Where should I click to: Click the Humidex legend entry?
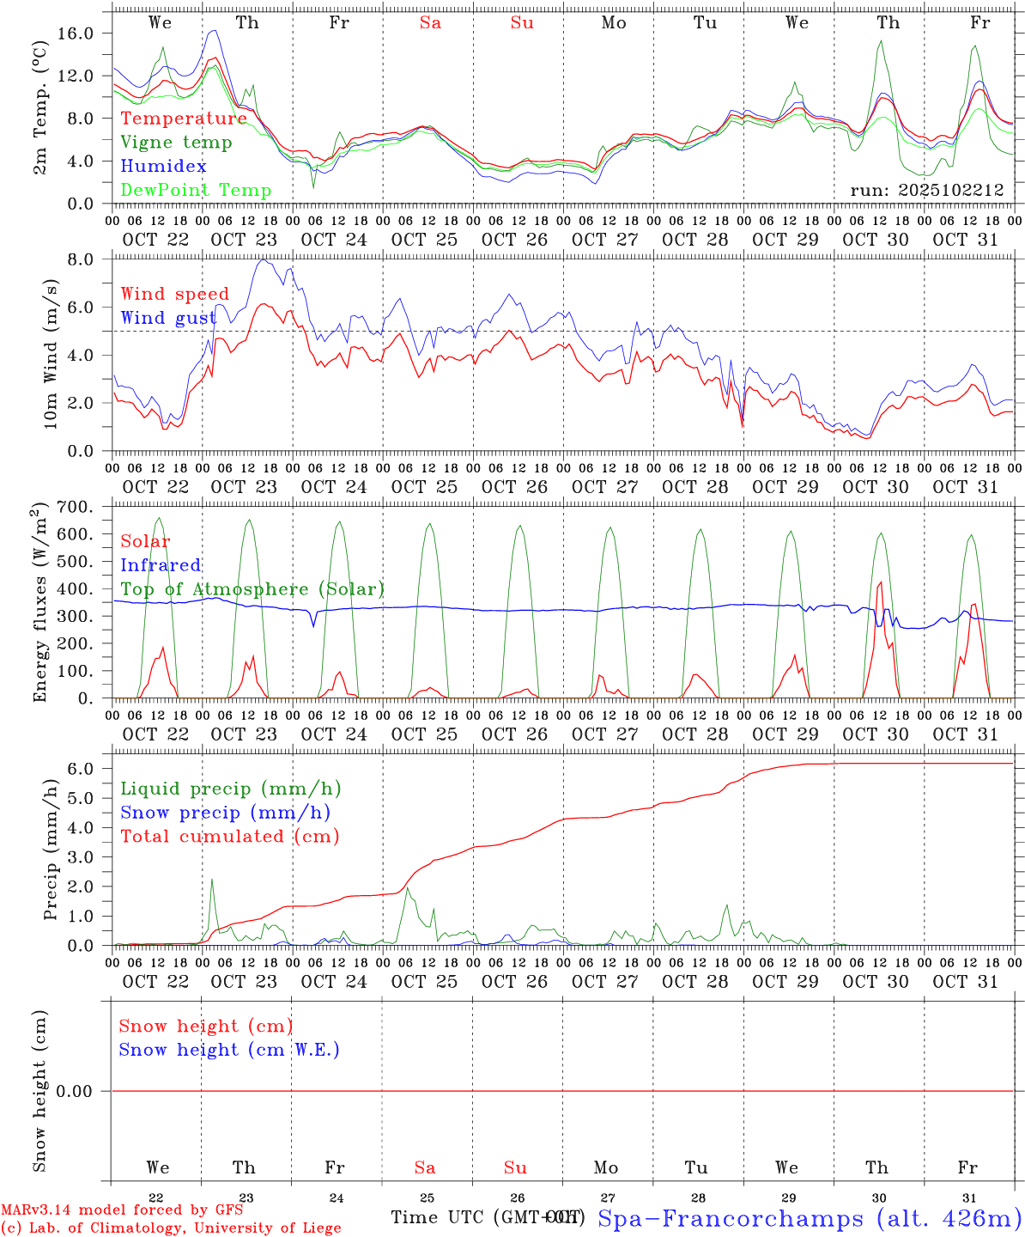click(163, 167)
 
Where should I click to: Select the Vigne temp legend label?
click(176, 143)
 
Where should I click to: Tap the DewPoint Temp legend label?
click(196, 191)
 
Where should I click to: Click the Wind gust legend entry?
click(168, 318)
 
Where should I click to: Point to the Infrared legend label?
click(161, 565)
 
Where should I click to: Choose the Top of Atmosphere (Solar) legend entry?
click(252, 589)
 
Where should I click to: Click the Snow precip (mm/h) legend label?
click(225, 813)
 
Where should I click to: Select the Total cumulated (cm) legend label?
click(229, 836)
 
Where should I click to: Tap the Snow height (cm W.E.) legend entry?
click(229, 1050)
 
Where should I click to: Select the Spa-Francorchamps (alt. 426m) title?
click(809, 1218)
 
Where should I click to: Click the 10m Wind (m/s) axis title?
click(51, 354)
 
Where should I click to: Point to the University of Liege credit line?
click(171, 1228)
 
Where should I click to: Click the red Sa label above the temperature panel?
click(430, 23)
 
